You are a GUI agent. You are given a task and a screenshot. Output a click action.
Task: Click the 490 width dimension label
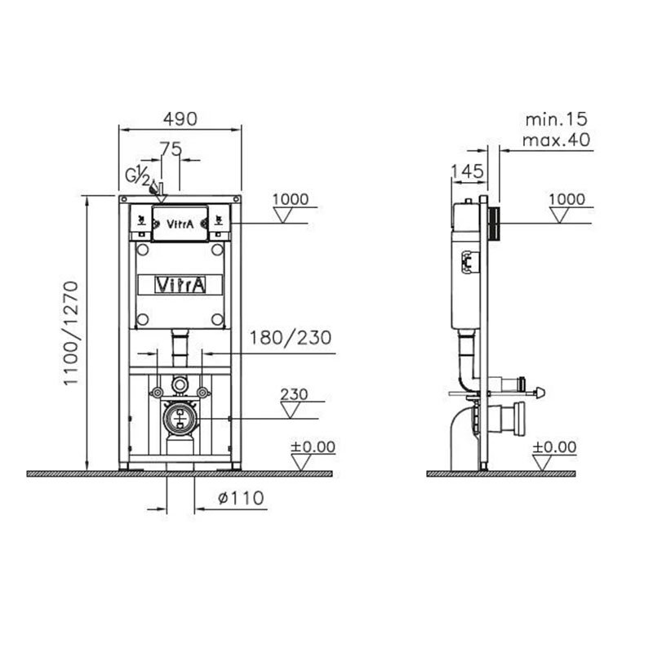coord(180,119)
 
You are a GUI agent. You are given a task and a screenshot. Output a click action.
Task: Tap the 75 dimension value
coord(171,149)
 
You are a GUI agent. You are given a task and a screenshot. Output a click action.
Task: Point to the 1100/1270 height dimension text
coord(71,333)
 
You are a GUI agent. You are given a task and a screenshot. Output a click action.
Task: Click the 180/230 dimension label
coord(291,338)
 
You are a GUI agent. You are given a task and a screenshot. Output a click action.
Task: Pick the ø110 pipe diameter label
coord(241,498)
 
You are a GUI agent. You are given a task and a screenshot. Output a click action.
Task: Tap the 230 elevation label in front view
coord(294,394)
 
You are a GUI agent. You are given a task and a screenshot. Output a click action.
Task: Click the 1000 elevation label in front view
coord(291,199)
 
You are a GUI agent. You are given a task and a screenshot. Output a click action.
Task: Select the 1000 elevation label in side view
coord(566,199)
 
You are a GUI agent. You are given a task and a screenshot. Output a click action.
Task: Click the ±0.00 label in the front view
coord(313,446)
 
